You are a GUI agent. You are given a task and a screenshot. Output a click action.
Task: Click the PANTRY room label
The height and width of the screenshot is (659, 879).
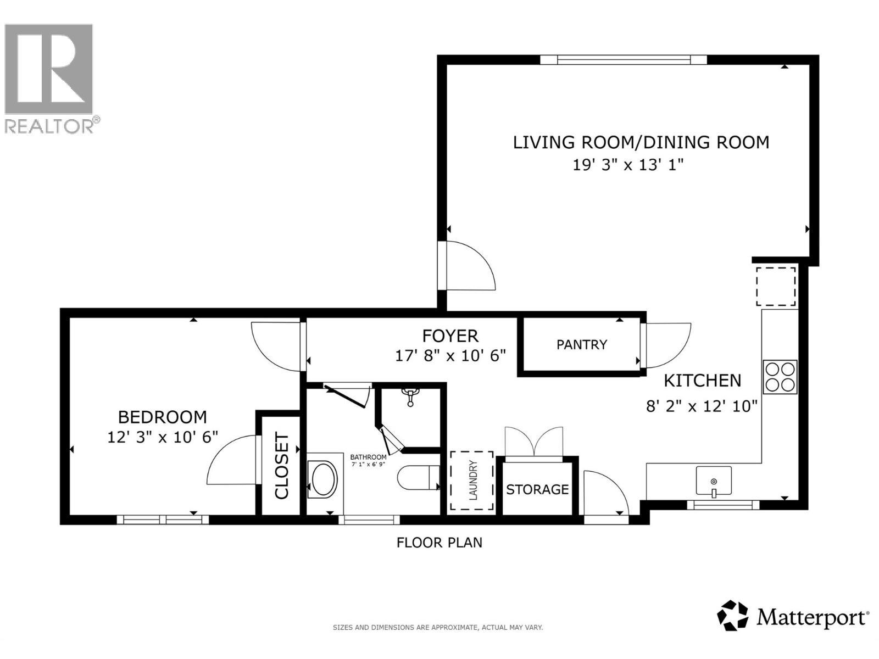581,344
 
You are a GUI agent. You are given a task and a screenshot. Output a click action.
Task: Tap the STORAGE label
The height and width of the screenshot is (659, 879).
537,489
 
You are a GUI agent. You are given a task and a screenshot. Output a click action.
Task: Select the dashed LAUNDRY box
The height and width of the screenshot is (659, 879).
471,480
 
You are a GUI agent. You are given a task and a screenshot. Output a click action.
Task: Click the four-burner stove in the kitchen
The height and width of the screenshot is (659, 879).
780,377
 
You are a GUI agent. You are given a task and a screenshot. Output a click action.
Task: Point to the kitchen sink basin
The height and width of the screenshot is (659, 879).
713,481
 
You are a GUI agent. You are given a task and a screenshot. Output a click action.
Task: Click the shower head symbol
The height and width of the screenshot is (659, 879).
410,396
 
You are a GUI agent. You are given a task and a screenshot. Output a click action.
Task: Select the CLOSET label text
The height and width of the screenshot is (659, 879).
282,466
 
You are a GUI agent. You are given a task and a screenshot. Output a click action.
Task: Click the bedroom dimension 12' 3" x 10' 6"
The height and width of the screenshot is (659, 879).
163,437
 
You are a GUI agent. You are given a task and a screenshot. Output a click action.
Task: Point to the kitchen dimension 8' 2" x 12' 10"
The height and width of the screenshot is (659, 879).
702,406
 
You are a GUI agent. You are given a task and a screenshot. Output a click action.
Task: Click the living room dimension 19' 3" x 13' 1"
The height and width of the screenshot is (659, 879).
627,164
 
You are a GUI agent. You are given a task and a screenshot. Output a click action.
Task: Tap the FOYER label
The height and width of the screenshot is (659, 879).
450,336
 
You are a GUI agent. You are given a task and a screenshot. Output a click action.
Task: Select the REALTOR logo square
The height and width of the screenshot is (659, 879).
49,69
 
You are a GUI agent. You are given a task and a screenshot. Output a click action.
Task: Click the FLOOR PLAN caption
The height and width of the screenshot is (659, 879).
439,543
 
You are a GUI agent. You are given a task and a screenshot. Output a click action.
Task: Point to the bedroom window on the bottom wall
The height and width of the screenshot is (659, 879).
163,520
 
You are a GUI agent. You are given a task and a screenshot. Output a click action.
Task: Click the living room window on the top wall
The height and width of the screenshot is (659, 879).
624,60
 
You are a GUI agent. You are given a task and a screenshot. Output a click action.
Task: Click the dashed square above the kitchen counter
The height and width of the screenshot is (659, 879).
776,287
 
